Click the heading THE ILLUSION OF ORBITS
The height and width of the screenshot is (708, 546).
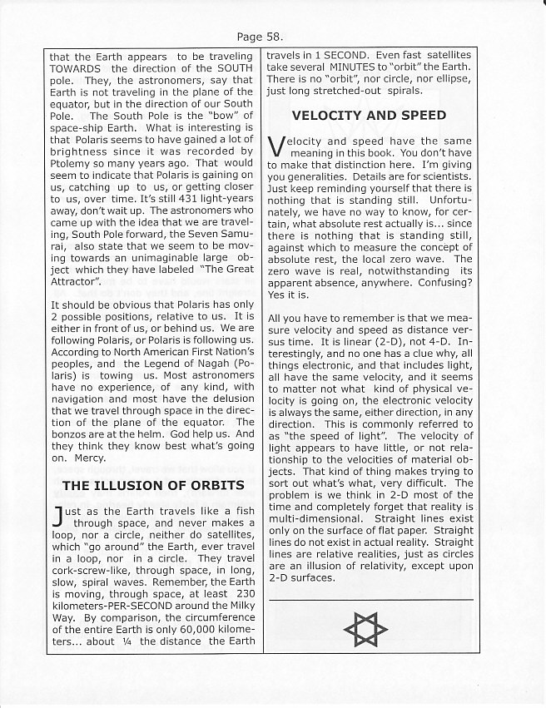[153, 485]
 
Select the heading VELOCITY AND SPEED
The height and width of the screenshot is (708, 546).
[368, 115]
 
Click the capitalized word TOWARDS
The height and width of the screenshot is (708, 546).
[77, 68]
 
